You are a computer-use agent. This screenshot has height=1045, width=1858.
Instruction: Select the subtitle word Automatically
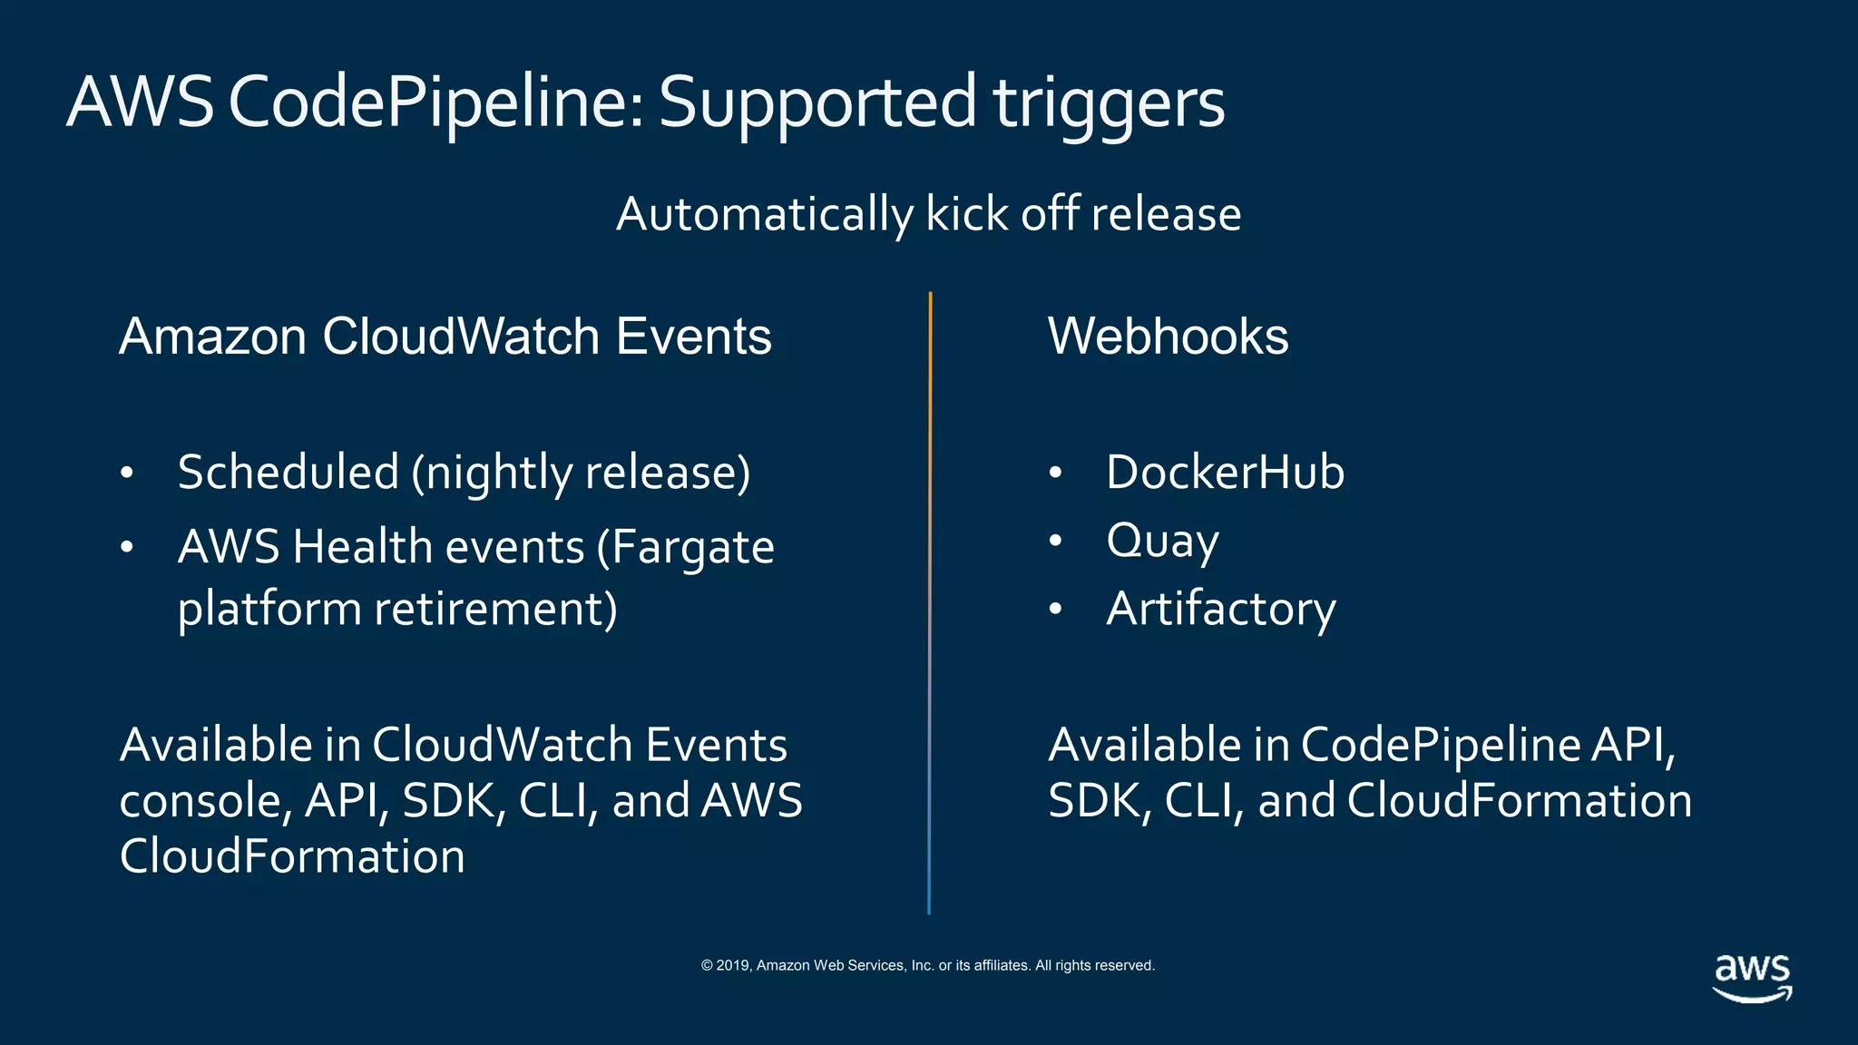(x=765, y=215)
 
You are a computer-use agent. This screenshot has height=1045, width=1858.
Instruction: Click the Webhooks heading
(x=1168, y=337)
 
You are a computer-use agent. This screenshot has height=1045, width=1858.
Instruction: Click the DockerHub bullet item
(x=1225, y=473)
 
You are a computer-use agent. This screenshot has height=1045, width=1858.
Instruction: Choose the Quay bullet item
(x=1162, y=542)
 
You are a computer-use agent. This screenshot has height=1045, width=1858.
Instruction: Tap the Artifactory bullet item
(x=1221, y=609)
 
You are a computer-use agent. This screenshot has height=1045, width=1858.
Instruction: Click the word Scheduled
(x=288, y=473)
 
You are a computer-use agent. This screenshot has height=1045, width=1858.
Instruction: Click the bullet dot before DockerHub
(x=1055, y=473)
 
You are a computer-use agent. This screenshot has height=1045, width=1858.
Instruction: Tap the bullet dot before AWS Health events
(x=127, y=547)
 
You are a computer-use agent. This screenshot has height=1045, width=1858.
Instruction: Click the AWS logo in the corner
(x=1752, y=977)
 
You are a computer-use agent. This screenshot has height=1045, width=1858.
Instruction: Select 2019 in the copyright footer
(x=732, y=965)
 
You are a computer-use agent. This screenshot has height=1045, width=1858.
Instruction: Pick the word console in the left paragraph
(x=205, y=801)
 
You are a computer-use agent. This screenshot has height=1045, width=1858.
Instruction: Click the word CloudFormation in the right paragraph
(x=1520, y=801)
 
